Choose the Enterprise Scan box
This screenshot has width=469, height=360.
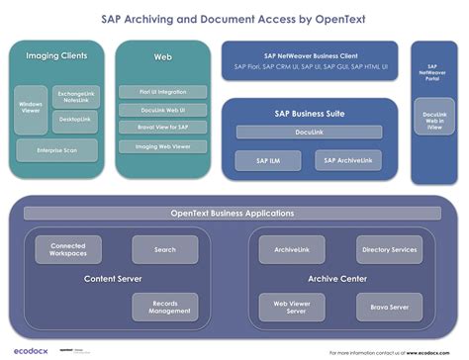point(56,150)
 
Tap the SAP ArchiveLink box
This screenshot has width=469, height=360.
point(346,160)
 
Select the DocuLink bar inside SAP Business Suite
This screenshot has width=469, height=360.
point(309,132)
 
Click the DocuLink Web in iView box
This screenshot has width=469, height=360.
point(434,120)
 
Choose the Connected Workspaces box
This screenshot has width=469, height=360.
point(68,249)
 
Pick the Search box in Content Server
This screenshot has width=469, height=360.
point(164,249)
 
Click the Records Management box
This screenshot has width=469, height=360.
point(164,307)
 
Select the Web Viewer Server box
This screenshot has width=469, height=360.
point(286,307)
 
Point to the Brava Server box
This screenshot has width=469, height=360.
point(386,307)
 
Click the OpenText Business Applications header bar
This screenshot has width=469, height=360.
point(233,213)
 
